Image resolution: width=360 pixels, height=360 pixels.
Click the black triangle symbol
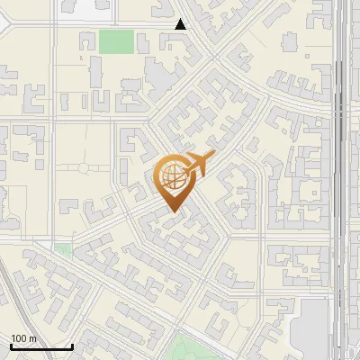[181, 24]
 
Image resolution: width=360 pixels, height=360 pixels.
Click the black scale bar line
[41, 346]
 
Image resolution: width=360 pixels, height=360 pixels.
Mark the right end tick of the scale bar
[72, 346]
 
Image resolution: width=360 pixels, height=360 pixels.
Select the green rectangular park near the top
[115, 41]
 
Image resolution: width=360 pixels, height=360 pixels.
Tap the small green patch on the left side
[63, 249]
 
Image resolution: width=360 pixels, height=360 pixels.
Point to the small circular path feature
[82, 167]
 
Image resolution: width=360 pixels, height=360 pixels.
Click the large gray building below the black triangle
[162, 81]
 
